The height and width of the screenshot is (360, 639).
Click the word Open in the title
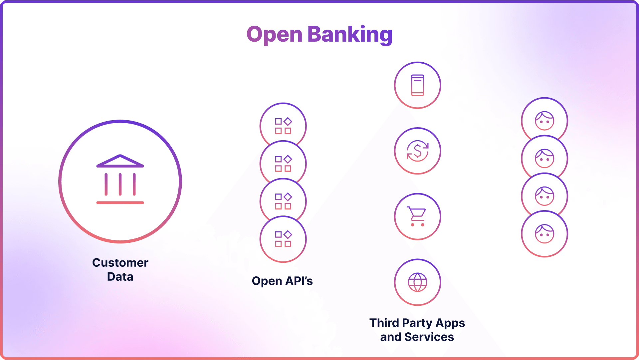click(x=275, y=35)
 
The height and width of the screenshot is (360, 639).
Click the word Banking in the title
click(x=350, y=35)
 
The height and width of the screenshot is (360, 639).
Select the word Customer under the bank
click(x=120, y=262)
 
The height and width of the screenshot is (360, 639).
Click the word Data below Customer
click(x=120, y=277)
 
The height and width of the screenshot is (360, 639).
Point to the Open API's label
click(x=282, y=281)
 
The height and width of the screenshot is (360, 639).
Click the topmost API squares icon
click(x=283, y=126)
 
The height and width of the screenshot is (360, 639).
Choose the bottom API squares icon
click(x=283, y=239)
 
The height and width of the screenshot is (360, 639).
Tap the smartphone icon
click(x=418, y=85)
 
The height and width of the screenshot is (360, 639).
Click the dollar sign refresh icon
click(x=418, y=151)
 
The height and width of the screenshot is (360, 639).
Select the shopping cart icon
click(x=417, y=216)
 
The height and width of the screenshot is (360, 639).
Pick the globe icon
click(x=418, y=282)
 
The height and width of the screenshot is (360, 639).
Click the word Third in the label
click(x=384, y=323)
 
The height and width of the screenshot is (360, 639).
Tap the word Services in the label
click(x=429, y=337)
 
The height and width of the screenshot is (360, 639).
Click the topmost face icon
click(x=544, y=121)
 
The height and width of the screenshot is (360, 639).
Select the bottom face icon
click(x=544, y=234)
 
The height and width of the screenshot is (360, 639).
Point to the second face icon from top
click(x=544, y=158)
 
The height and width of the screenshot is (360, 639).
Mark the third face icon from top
click(x=544, y=196)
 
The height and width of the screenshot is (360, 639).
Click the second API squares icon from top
click(x=283, y=164)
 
